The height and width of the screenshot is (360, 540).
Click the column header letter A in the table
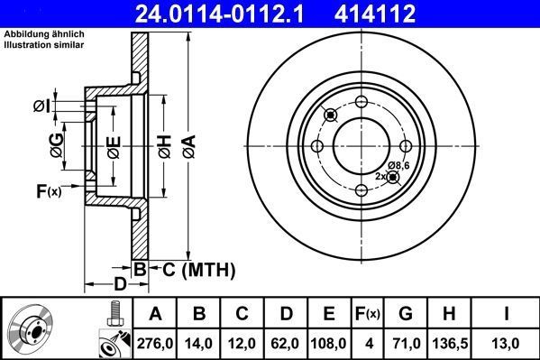coord(155,315)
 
